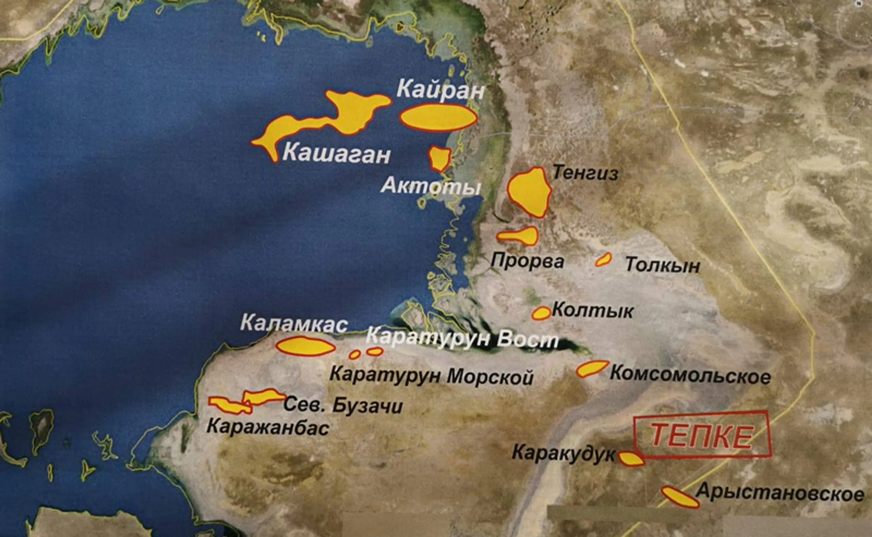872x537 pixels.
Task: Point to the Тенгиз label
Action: (585, 173)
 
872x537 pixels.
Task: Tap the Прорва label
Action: (527, 261)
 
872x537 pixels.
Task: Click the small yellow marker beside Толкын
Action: (603, 260)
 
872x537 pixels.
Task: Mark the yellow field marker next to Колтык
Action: (541, 313)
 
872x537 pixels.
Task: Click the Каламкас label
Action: (294, 324)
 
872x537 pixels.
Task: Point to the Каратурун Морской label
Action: (431, 377)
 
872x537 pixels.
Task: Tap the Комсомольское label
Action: (690, 375)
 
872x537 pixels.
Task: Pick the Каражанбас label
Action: (268, 427)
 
